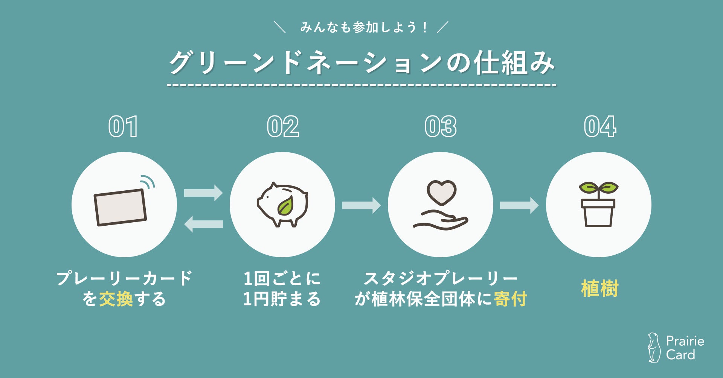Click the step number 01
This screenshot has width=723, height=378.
click(123, 127)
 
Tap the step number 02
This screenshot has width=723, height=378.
click(283, 127)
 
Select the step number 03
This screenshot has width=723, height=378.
click(441, 127)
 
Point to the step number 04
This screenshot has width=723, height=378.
click(600, 127)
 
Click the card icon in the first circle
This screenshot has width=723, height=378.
click(120, 208)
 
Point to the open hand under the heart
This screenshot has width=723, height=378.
click(441, 221)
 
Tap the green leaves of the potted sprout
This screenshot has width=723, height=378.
click(598, 187)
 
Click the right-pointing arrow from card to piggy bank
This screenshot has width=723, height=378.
click(203, 193)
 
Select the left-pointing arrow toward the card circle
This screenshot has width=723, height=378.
click(203, 224)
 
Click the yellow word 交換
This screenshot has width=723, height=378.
click(116, 299)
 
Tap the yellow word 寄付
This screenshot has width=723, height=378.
click(510, 299)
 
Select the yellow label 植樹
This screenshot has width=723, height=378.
click(599, 289)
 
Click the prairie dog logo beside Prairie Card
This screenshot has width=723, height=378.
click(654, 348)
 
